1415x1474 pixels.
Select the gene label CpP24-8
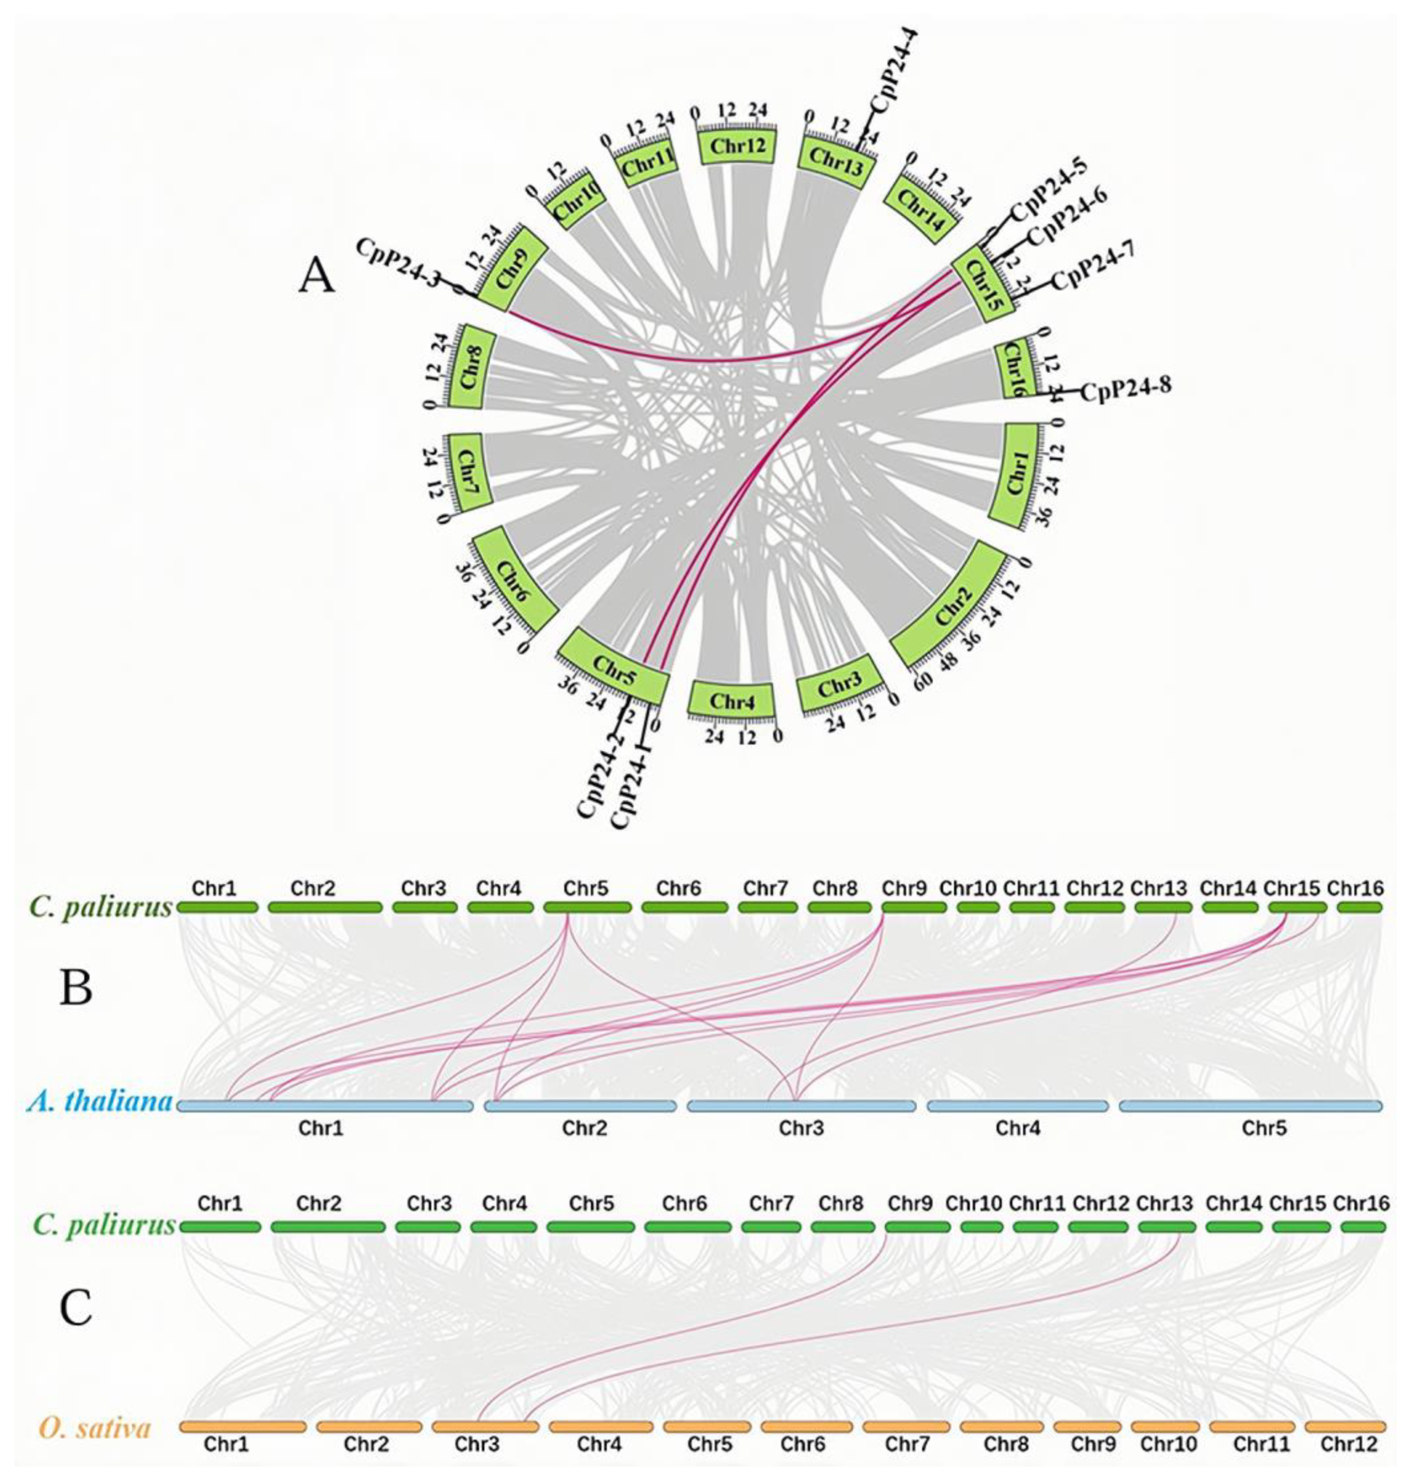(1124, 390)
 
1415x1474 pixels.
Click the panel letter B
(75, 988)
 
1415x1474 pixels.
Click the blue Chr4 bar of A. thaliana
(1017, 1105)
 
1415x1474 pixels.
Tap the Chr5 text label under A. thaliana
(1264, 1128)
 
